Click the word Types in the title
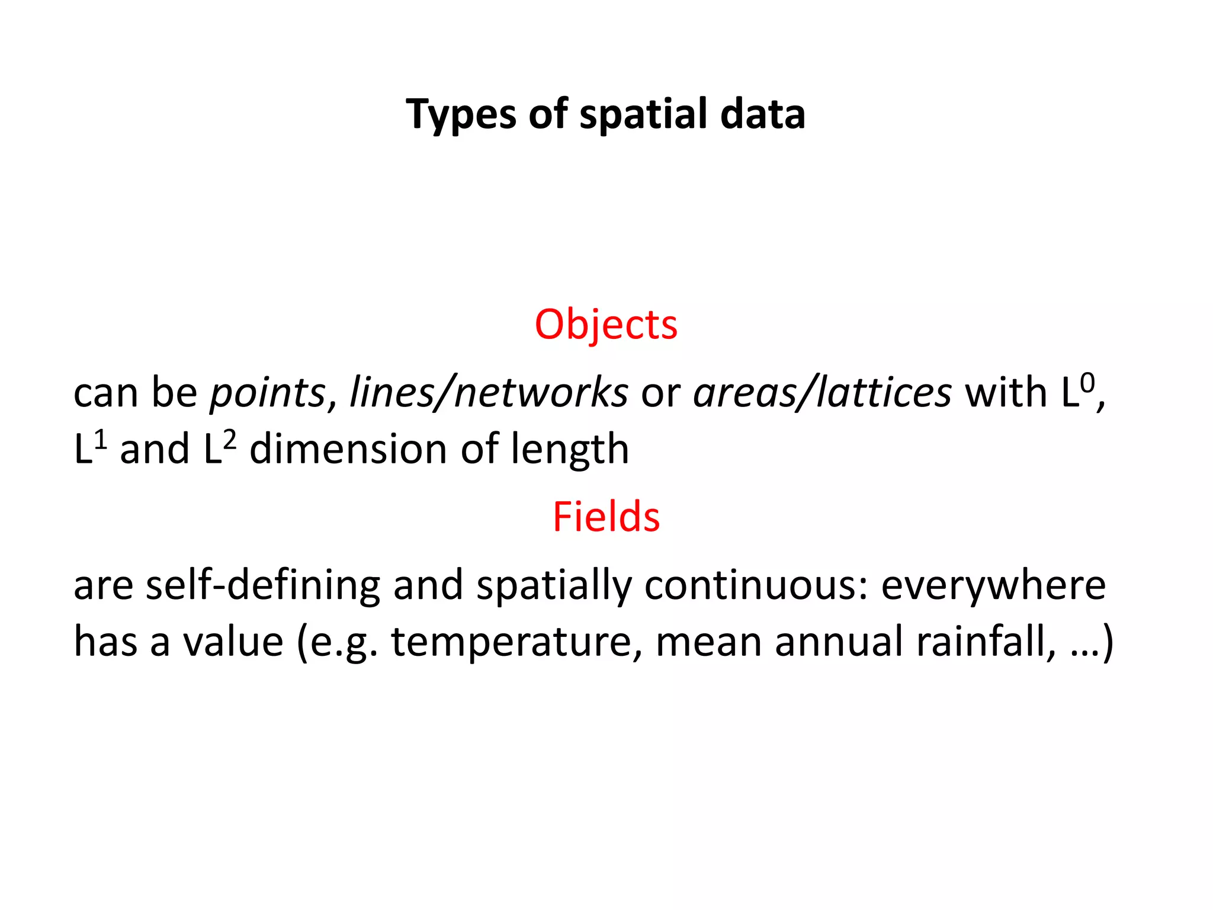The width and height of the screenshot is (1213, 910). coord(460,114)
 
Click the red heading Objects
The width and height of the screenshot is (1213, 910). coord(606,325)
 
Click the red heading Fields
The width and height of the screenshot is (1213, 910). coord(606,517)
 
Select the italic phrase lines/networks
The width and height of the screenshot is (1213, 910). coord(489,393)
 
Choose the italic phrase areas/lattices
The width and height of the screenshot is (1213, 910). coord(822,393)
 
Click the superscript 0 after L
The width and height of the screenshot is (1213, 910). coord(1087,383)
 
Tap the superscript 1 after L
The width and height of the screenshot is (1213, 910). coord(101,440)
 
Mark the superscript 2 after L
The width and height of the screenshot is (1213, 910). coord(229,440)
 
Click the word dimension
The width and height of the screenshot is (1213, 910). coord(349,449)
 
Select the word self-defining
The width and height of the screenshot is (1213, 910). coord(262,586)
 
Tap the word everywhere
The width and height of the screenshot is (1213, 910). coord(993,586)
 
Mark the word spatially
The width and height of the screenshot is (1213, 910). coord(554,586)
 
